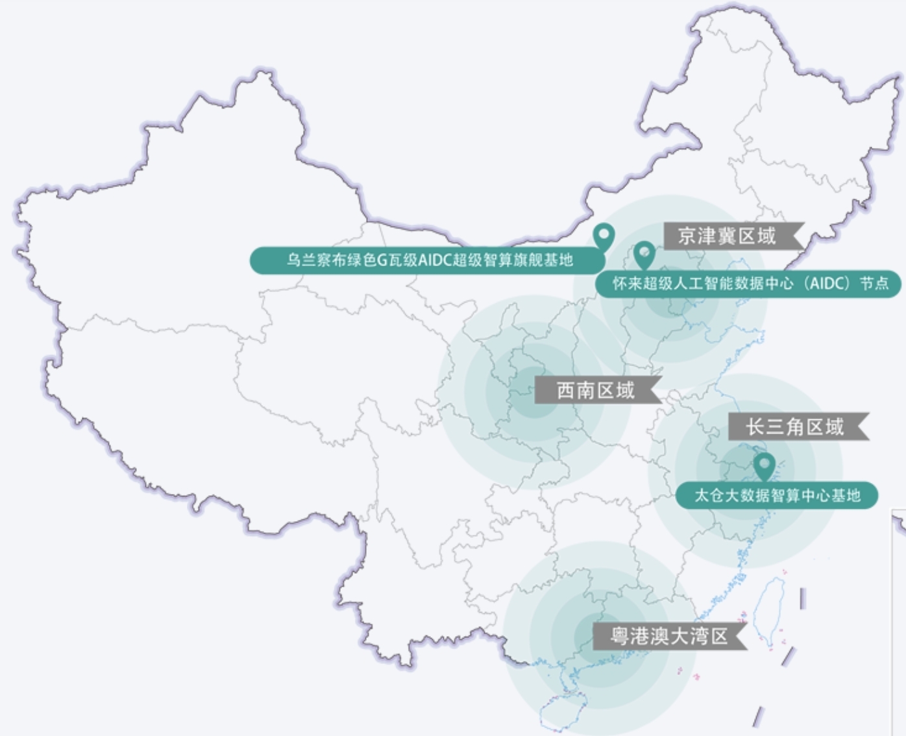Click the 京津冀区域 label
pyautogui.click(x=734, y=236)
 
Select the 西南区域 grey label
pyautogui.click(x=598, y=389)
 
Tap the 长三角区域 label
pyautogui.click(x=798, y=426)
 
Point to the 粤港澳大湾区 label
pyautogui.click(x=670, y=636)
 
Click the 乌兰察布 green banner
pyautogui.click(x=428, y=260)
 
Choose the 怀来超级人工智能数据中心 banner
pyautogui.click(x=748, y=284)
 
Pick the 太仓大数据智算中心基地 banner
pyautogui.click(x=777, y=495)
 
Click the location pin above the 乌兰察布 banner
pyautogui.click(x=604, y=236)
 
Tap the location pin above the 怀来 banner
pyautogui.click(x=644, y=255)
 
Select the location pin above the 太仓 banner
pyautogui.click(x=765, y=466)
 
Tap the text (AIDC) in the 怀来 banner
pyautogui.click(x=827, y=284)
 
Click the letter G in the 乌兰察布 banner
pyautogui.click(x=382, y=260)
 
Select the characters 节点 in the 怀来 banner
pyautogui.click(x=875, y=284)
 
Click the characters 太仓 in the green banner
pyautogui.click(x=709, y=495)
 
